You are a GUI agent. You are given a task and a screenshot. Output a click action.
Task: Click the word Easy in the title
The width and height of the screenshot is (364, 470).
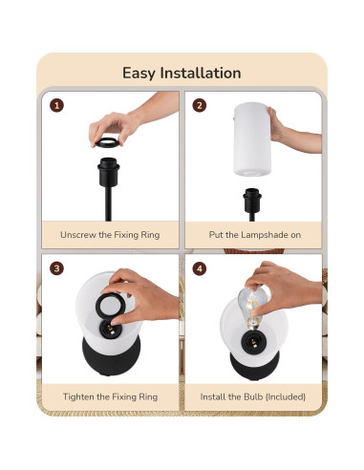[139, 74]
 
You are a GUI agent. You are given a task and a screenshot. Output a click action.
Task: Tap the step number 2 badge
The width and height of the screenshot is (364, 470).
[199, 106]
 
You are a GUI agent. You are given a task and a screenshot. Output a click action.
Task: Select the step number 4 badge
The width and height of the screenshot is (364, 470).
[199, 269]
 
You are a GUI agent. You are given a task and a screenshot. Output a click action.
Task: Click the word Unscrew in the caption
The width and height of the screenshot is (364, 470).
[79, 234]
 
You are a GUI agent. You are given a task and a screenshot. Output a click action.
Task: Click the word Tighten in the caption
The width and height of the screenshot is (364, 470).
[78, 396]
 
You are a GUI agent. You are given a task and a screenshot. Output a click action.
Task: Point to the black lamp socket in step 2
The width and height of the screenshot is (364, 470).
[252, 202]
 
